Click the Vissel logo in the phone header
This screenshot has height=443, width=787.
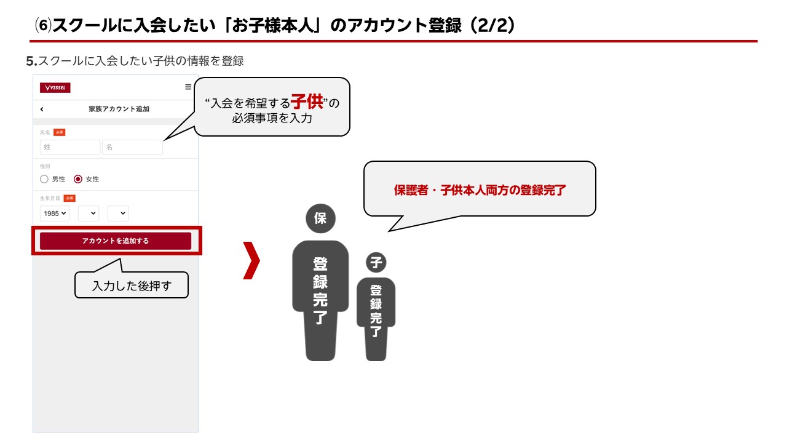[x=55, y=88]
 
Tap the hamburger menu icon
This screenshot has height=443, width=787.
[x=188, y=87]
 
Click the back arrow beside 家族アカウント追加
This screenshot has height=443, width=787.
[x=42, y=109]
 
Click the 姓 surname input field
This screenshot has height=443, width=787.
[x=70, y=147]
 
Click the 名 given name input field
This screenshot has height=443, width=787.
[x=132, y=147]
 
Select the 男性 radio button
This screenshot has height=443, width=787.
[x=44, y=179]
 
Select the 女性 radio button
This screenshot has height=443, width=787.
[x=78, y=179]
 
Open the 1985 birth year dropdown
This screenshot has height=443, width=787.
[x=55, y=213]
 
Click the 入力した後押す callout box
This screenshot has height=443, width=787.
[x=132, y=285]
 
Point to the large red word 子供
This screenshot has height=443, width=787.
[x=307, y=101]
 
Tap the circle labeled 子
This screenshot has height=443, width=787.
[x=376, y=263]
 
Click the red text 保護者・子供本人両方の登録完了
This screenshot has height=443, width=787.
[x=480, y=190]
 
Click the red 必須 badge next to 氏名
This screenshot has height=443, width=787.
[x=59, y=132]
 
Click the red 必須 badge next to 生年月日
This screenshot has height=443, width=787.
[x=69, y=198]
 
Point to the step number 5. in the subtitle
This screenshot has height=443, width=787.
[x=32, y=61]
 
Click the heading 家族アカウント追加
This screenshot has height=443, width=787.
[x=119, y=109]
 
